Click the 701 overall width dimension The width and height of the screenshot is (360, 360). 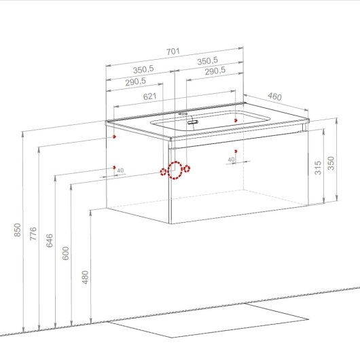173,52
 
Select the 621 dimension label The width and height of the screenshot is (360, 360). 149,96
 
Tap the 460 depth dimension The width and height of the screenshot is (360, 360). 274,96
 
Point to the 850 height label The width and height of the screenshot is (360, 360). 18,230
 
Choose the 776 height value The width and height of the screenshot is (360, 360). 33,234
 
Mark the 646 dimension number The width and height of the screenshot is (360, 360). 50,240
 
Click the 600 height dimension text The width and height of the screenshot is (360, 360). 66,253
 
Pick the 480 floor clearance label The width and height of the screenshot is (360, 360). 85,277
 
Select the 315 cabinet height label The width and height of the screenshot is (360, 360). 318,168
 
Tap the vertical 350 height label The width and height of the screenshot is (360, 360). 331,163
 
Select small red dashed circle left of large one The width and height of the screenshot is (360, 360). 163,172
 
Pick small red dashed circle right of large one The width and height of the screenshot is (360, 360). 187,168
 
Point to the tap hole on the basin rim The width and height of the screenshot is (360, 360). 183,113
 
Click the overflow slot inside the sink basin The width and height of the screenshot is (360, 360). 193,122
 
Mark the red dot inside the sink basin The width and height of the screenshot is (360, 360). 236,120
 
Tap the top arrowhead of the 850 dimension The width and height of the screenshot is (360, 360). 23,134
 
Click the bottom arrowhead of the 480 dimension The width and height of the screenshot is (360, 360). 91,321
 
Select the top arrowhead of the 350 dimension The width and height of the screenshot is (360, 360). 337,120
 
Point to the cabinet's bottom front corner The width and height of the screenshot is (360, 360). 170,223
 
